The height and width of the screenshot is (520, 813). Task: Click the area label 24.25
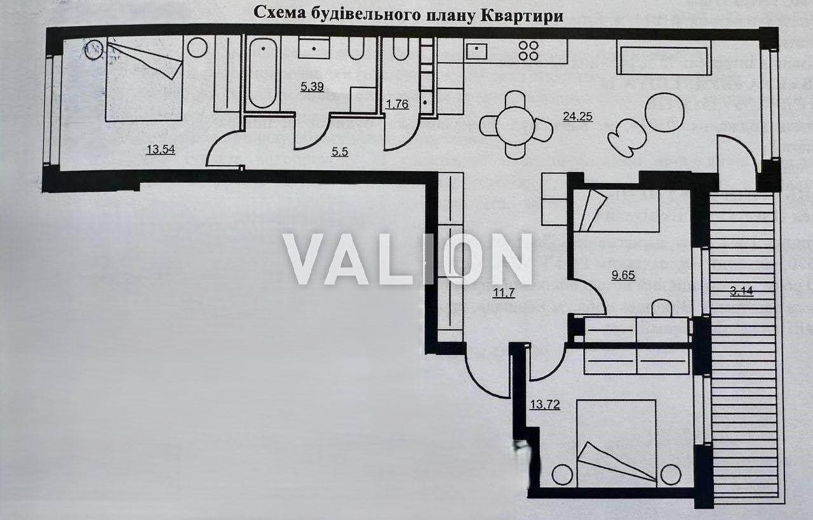pyautogui.click(x=578, y=116)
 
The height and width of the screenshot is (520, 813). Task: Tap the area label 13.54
pyautogui.click(x=161, y=149)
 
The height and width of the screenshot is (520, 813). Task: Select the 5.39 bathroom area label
pyautogui.click(x=312, y=87)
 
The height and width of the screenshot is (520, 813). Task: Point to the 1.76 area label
pyautogui.click(x=397, y=105)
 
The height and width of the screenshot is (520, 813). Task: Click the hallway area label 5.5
pyautogui.click(x=340, y=152)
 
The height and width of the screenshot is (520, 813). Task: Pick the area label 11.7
pyautogui.click(x=504, y=293)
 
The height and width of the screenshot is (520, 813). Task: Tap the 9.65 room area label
pyautogui.click(x=624, y=275)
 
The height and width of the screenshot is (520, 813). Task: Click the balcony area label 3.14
pyautogui.click(x=741, y=291)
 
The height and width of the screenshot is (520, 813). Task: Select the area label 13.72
pyautogui.click(x=545, y=404)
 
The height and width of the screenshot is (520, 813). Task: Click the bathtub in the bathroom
pyautogui.click(x=263, y=74)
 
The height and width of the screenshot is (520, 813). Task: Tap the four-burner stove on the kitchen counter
pyautogui.click(x=528, y=50)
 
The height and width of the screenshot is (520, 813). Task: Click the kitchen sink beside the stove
pyautogui.click(x=476, y=51)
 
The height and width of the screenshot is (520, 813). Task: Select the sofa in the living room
pyautogui.click(x=664, y=57)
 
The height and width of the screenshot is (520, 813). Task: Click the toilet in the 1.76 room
pyautogui.click(x=400, y=49)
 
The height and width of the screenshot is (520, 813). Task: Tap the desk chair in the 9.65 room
pyautogui.click(x=662, y=308)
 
